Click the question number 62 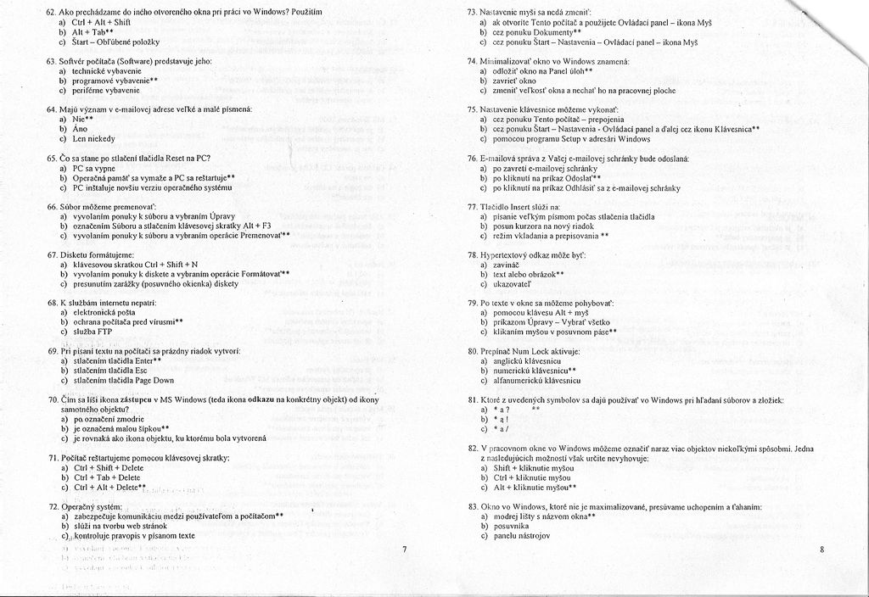pos(51,12)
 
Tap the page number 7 pos(405,550)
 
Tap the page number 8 pos(822,550)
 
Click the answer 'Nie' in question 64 pos(81,120)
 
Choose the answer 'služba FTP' pos(93,332)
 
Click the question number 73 pos(473,12)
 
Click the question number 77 pos(473,206)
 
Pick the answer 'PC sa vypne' pos(93,168)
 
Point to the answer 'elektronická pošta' pos(105,312)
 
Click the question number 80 pos(473,350)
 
